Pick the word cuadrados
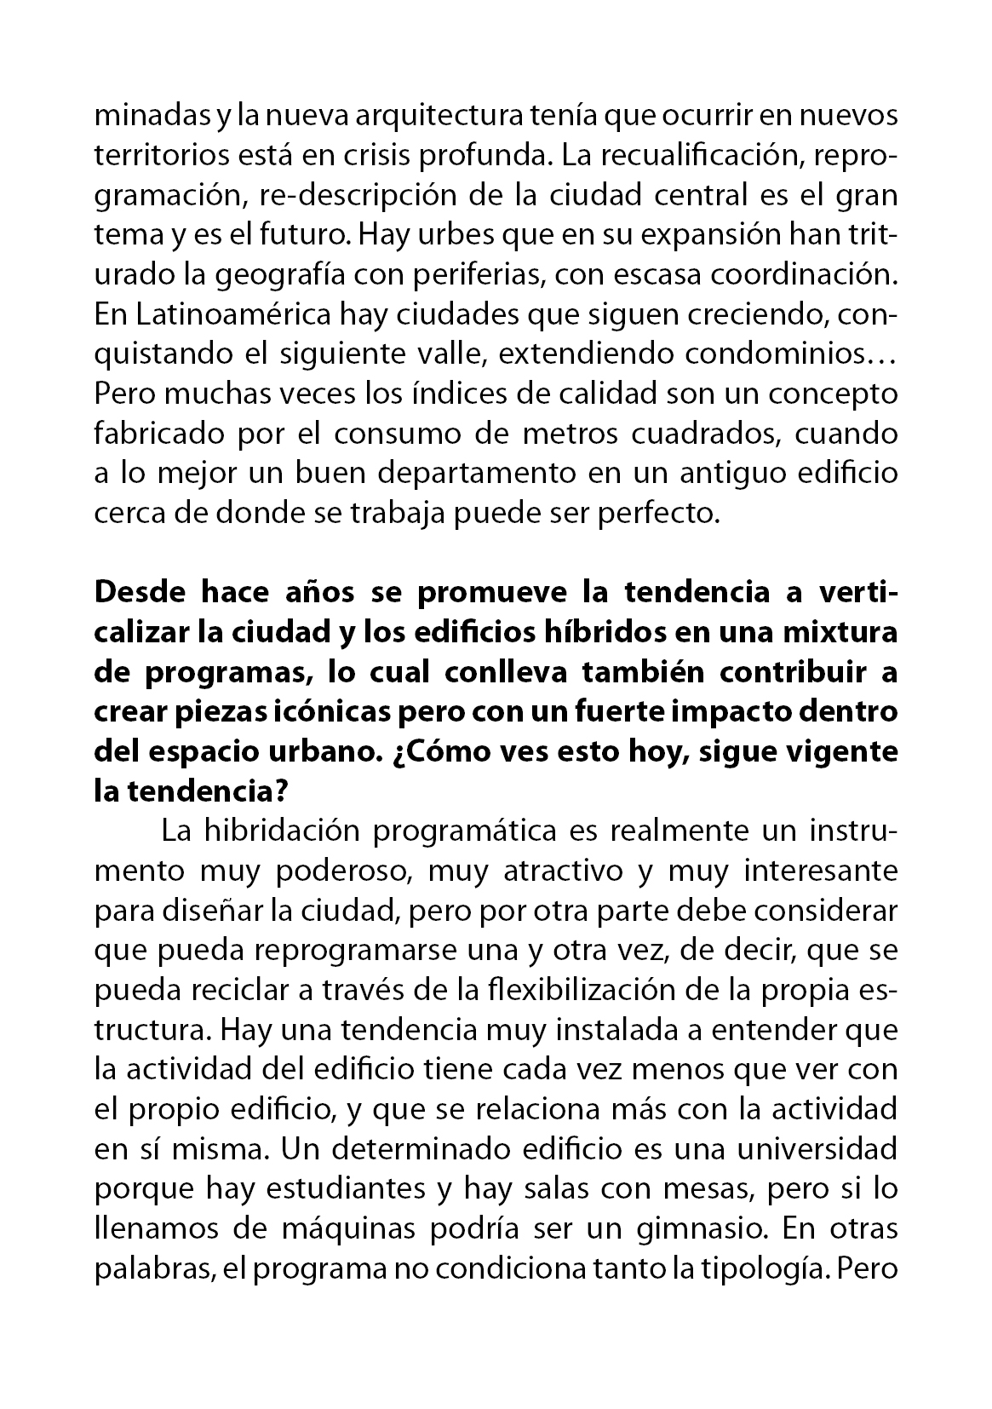click(704, 434)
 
